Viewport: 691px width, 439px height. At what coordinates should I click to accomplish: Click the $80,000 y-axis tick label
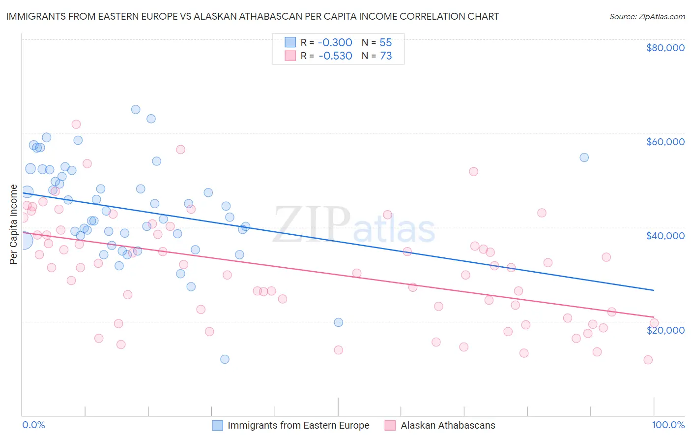[665, 48]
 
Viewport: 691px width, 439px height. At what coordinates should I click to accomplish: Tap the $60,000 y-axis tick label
[665, 142]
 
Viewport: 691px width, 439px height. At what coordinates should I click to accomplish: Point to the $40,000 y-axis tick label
[665, 236]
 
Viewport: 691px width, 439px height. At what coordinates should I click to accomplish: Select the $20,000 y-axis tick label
[665, 330]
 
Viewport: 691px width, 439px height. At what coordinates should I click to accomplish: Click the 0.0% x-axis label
[33, 425]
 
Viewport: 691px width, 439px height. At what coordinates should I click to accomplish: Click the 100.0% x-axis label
[668, 425]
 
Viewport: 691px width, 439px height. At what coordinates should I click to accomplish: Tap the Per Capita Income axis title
[14, 224]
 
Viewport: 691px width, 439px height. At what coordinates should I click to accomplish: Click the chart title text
[252, 16]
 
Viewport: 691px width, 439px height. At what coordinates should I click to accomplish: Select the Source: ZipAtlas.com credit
[647, 16]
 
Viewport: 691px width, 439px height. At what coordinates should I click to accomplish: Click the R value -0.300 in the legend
[335, 42]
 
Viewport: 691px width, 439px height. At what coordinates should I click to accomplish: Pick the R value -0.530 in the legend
[335, 56]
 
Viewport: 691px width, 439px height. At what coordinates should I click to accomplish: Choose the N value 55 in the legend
[385, 42]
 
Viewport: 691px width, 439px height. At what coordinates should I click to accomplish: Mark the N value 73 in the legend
[385, 56]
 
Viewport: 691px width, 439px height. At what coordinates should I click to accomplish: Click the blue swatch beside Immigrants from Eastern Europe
[217, 425]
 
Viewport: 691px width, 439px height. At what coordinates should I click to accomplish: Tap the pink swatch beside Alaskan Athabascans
[390, 425]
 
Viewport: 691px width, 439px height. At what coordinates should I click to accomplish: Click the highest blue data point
[136, 109]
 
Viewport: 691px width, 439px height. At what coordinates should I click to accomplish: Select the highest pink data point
[76, 124]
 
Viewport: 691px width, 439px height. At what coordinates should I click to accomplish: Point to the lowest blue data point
[225, 359]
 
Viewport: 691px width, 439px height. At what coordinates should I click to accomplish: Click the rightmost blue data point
[584, 157]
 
